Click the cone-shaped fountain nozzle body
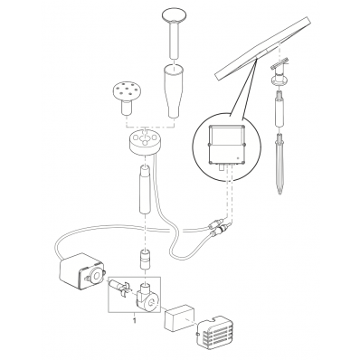click(175, 91)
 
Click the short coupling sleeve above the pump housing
click(146, 259)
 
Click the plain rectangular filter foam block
click(179, 317)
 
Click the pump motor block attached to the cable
click(81, 270)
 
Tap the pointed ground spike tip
click(280, 191)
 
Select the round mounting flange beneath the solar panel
click(279, 80)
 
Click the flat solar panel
click(262, 47)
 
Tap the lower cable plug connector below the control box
click(221, 228)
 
